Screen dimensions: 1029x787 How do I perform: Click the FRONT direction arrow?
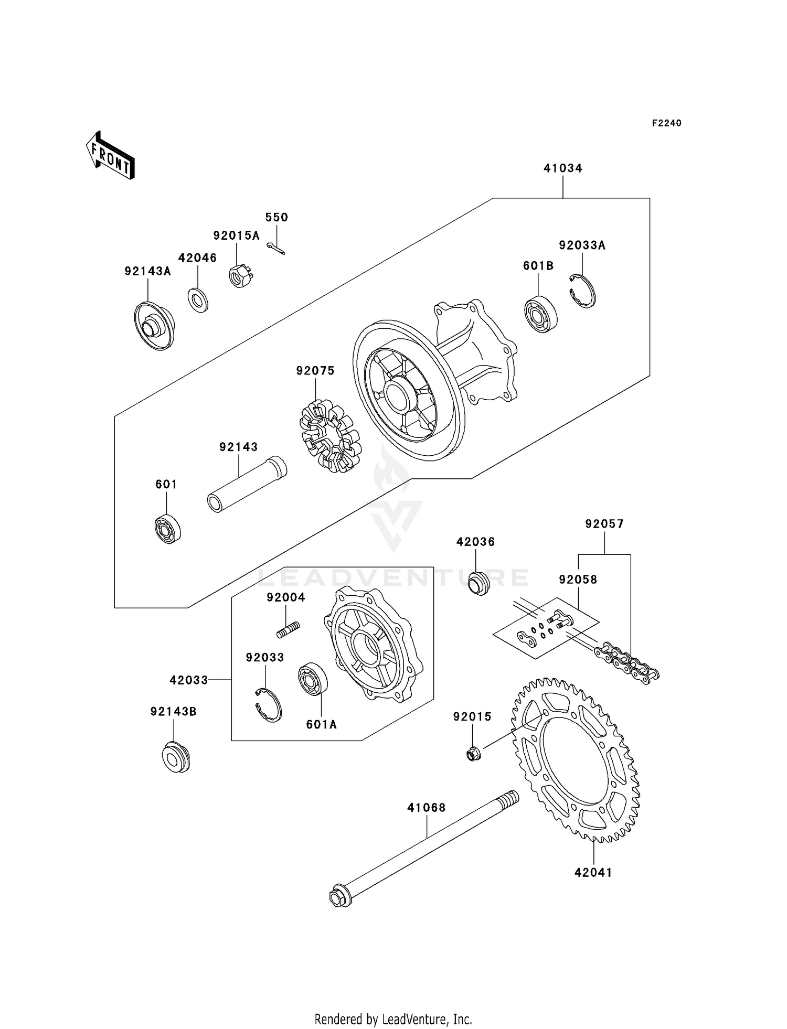(x=110, y=156)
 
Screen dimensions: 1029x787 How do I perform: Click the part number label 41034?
(x=562, y=168)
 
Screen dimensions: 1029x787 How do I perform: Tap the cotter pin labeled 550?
(x=275, y=248)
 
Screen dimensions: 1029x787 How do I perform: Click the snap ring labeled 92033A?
(x=582, y=291)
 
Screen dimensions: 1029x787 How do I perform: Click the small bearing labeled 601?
(x=168, y=530)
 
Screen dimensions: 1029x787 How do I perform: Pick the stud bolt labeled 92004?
(x=288, y=629)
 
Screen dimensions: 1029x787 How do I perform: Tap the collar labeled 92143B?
(x=175, y=757)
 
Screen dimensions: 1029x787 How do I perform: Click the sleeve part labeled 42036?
(x=478, y=583)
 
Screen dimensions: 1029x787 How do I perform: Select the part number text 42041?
(x=593, y=872)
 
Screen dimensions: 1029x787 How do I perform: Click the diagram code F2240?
(x=666, y=123)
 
